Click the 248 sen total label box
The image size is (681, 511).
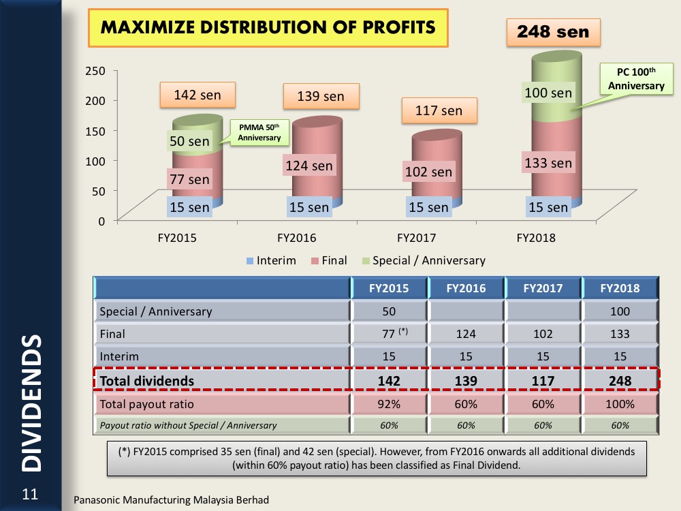click(553, 31)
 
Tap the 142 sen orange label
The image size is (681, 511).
click(197, 95)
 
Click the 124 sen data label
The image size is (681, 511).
click(310, 166)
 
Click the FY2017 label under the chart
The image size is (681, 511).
click(416, 238)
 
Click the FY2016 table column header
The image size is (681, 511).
click(466, 288)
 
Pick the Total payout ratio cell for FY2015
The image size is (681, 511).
click(389, 404)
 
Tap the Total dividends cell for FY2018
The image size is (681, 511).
click(620, 381)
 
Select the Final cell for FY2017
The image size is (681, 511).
click(543, 334)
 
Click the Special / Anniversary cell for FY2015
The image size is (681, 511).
click(389, 311)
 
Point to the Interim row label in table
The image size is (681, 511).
click(120, 356)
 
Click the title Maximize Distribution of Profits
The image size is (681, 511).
click(268, 28)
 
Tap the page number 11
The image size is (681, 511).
click(30, 494)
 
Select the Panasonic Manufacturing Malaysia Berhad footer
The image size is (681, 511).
click(171, 500)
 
